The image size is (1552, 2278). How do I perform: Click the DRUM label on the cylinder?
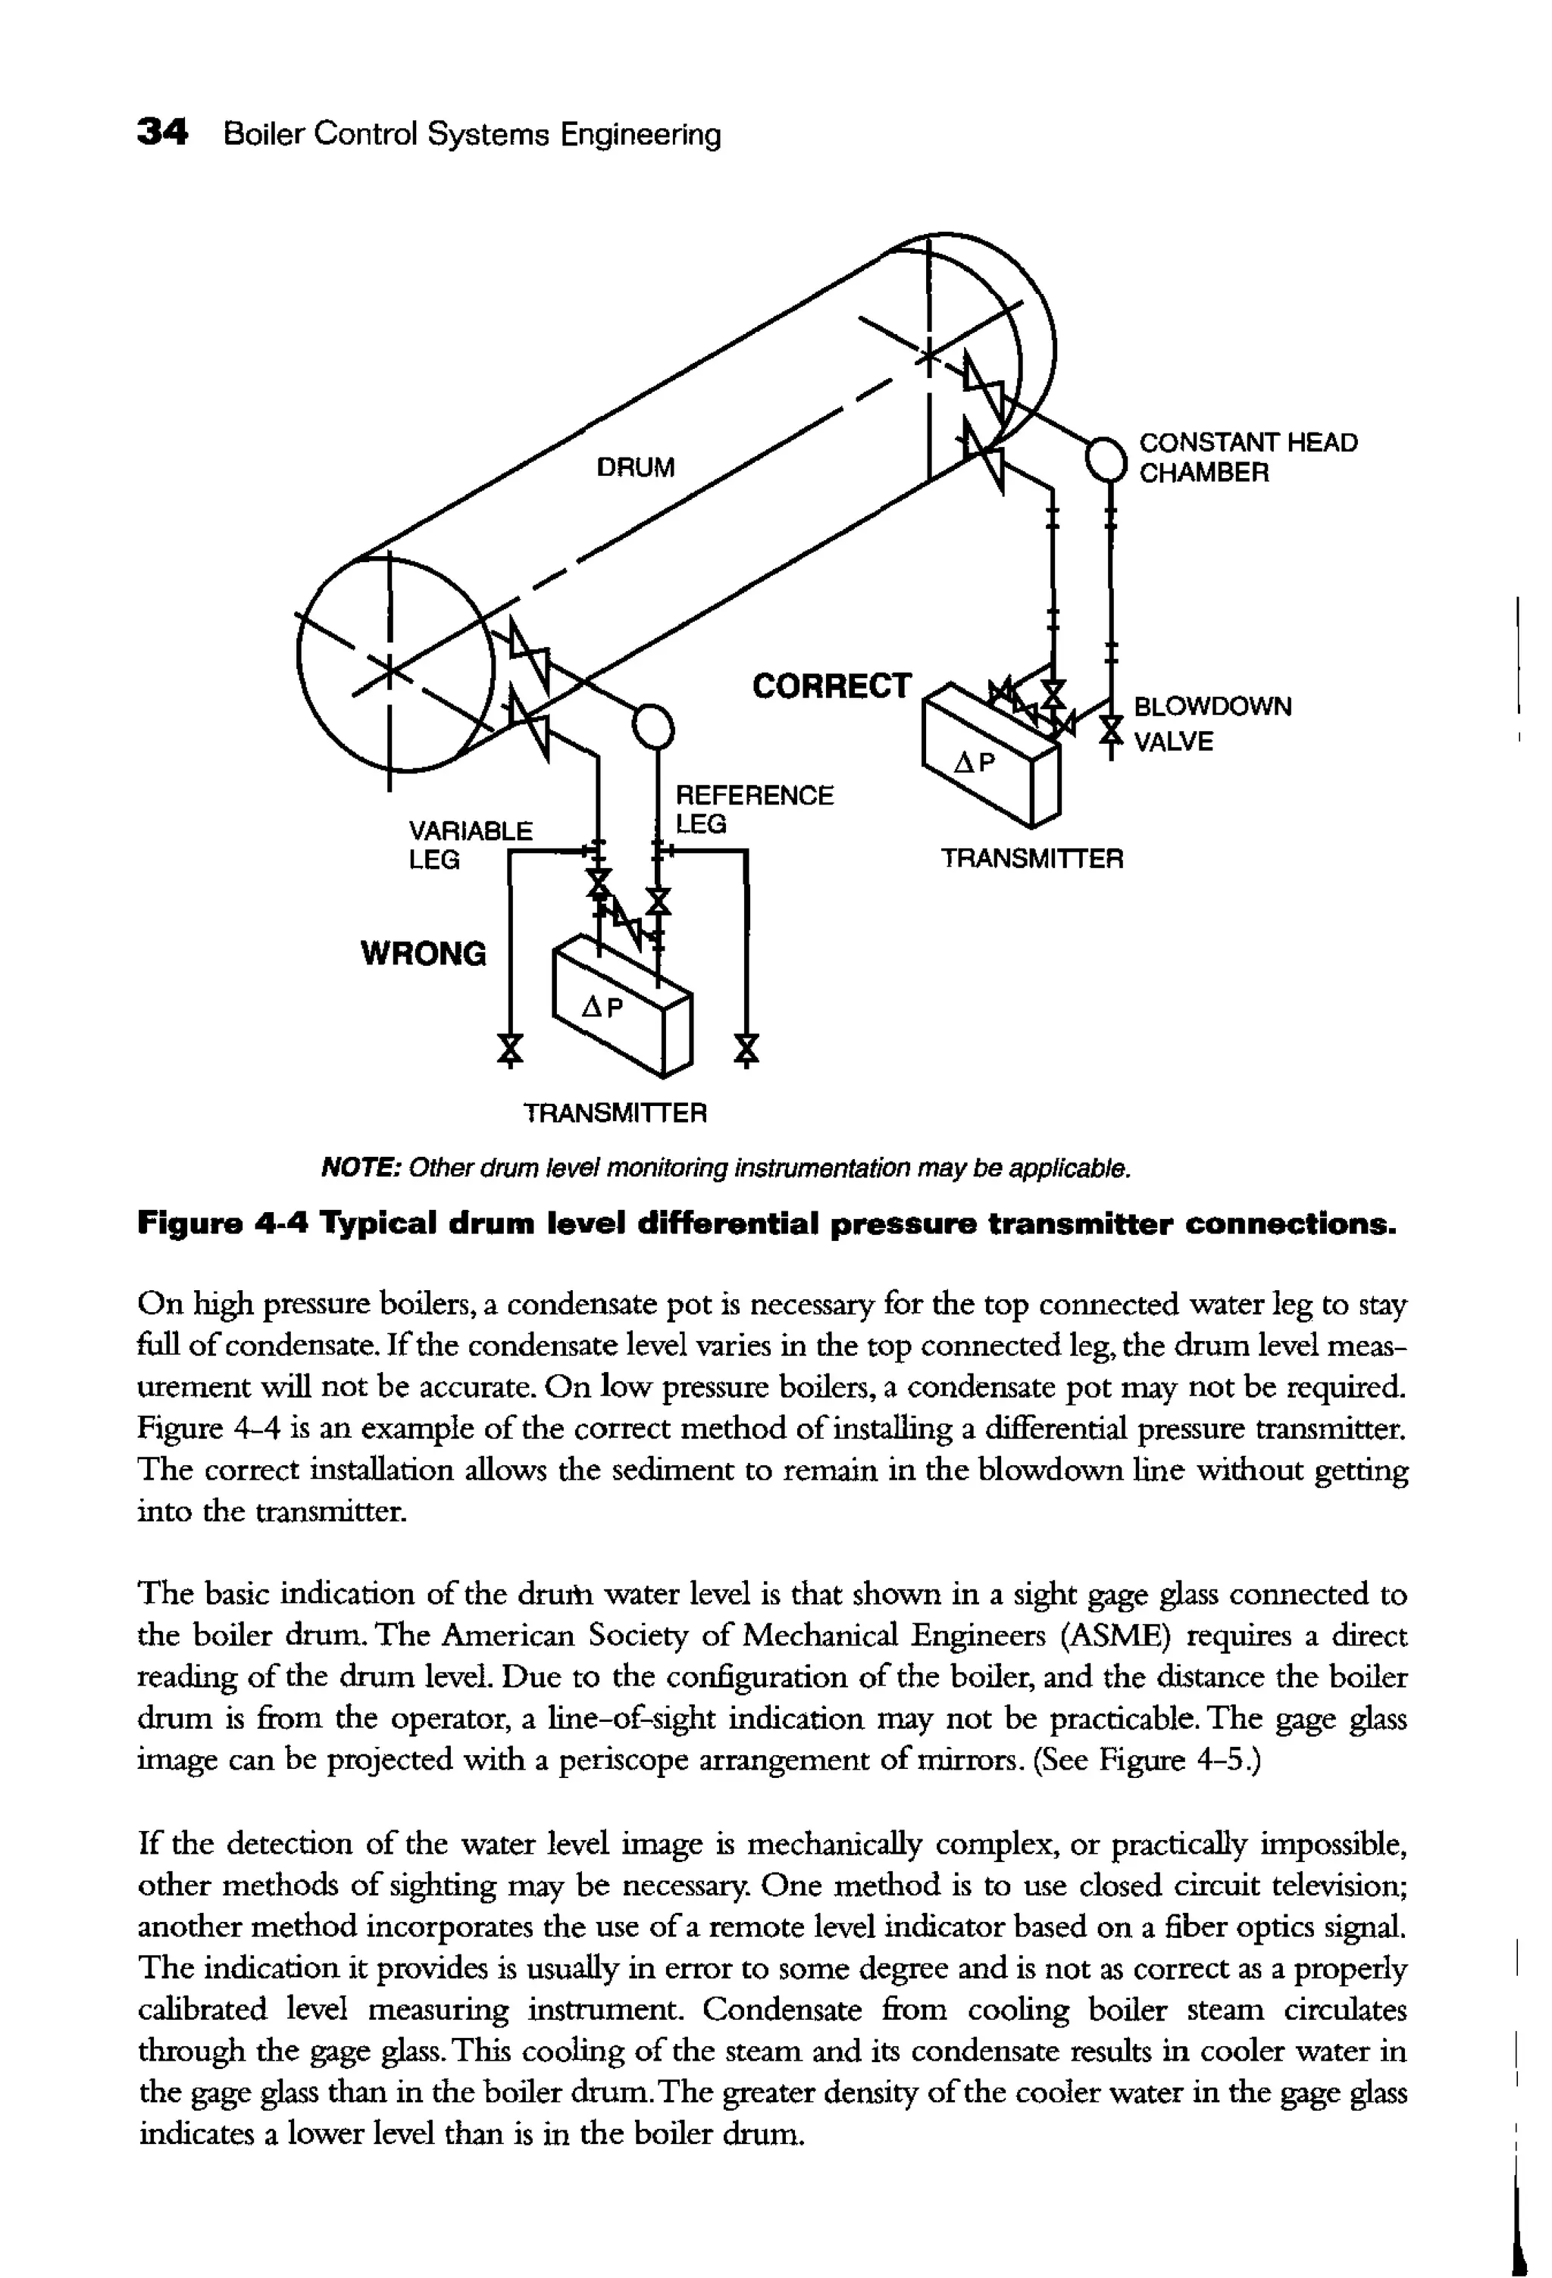point(635,467)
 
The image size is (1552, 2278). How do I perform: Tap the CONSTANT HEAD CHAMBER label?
point(1247,458)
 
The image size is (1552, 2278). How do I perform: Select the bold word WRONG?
point(424,953)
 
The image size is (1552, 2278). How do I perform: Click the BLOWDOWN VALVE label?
point(1212,723)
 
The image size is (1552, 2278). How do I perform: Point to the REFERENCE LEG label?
point(754,808)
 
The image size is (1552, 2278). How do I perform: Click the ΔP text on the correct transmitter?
point(975,763)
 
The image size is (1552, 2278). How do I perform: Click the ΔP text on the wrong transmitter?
point(602,1007)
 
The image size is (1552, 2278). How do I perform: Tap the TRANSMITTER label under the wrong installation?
point(615,1113)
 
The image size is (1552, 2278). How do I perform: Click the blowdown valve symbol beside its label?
point(1110,730)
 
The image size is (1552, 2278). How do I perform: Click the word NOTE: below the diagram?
point(360,1168)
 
